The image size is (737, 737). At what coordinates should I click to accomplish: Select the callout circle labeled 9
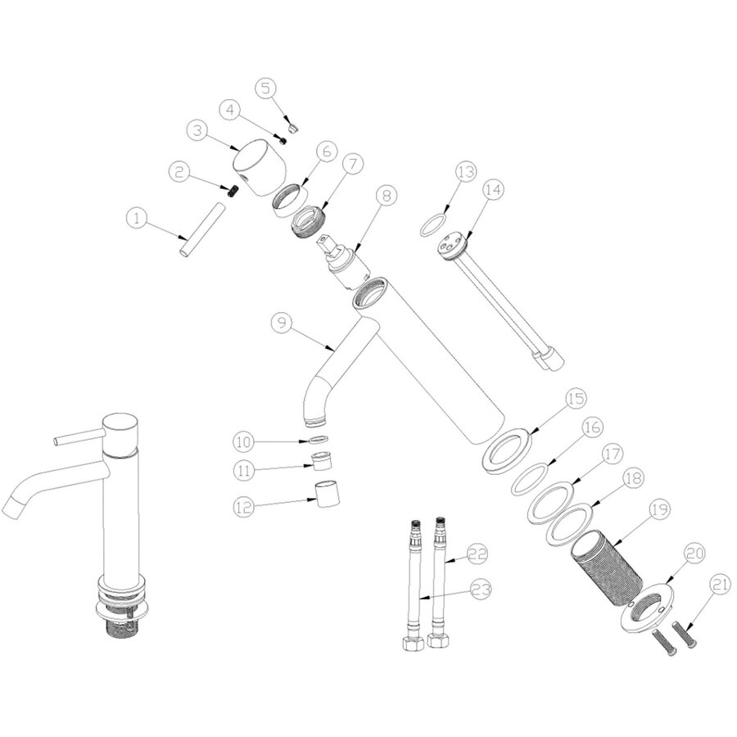pyautogui.click(x=281, y=323)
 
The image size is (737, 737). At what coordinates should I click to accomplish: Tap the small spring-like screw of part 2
pyautogui.click(x=231, y=190)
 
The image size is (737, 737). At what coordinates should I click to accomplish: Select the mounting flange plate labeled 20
pyautogui.click(x=650, y=609)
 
